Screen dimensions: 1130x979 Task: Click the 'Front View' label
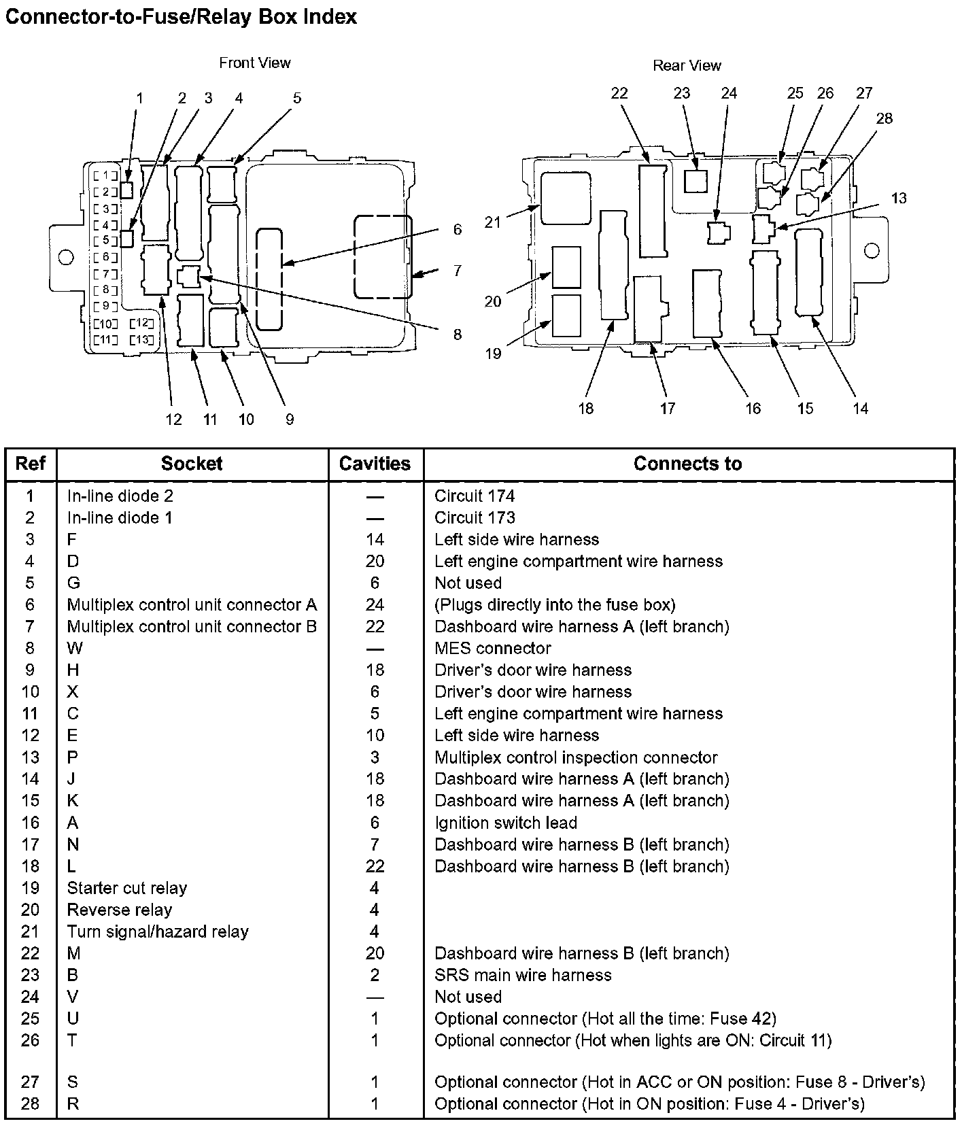point(254,63)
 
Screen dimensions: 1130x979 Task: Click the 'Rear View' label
point(687,66)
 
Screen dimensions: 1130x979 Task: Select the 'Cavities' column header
point(375,464)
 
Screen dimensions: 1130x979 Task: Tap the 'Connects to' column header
point(687,464)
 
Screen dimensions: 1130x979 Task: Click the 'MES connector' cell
point(492,648)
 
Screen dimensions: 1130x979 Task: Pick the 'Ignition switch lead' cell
point(505,823)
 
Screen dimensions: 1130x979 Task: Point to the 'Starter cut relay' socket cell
point(126,888)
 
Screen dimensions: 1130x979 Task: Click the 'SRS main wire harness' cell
point(523,975)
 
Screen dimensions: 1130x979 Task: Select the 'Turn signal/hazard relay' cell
point(158,931)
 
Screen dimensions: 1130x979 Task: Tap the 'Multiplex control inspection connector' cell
point(576,757)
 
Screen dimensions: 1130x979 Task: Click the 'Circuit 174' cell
point(475,496)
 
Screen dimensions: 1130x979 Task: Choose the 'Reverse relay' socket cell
point(119,910)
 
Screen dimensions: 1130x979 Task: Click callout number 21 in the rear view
point(492,222)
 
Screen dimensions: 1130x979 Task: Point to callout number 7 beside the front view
point(458,271)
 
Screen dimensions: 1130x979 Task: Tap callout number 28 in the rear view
point(884,118)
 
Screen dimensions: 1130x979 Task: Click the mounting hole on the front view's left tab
point(66,258)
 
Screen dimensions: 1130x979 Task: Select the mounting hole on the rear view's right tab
point(871,250)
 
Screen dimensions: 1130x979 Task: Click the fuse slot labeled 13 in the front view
point(141,339)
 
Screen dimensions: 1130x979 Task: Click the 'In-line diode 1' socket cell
point(120,517)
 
